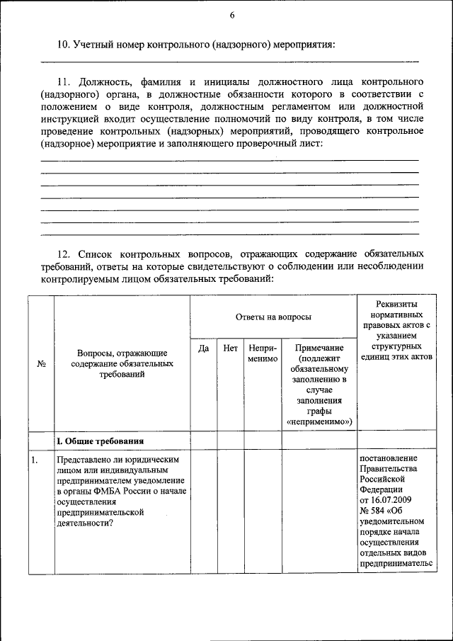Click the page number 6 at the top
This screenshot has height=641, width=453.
tap(231, 16)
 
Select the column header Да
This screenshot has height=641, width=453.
tap(203, 348)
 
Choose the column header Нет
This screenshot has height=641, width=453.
tap(230, 348)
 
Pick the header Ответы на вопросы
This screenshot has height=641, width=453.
tap(273, 317)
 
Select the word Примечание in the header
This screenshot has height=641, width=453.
tap(319, 348)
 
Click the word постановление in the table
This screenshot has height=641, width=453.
tap(391, 460)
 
